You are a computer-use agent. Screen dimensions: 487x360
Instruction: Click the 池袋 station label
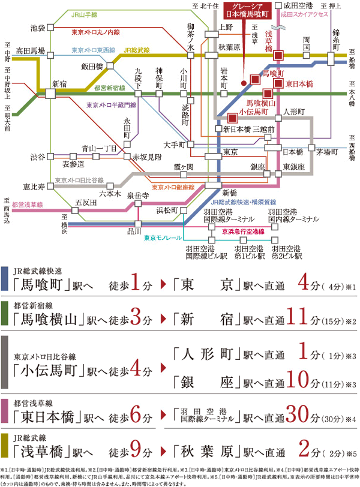(37, 28)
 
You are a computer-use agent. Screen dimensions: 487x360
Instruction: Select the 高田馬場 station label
(29, 51)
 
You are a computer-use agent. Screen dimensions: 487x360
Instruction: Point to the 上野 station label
(226, 27)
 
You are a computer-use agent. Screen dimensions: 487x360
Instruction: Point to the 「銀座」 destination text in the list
(205, 380)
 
